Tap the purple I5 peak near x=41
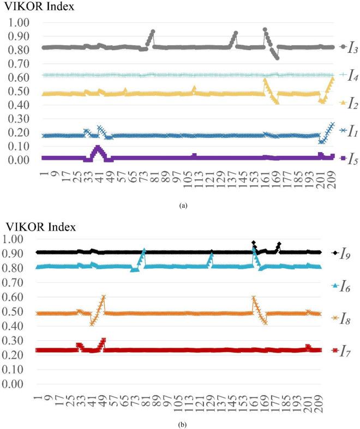(x=98, y=147)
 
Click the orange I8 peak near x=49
(x=104, y=297)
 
